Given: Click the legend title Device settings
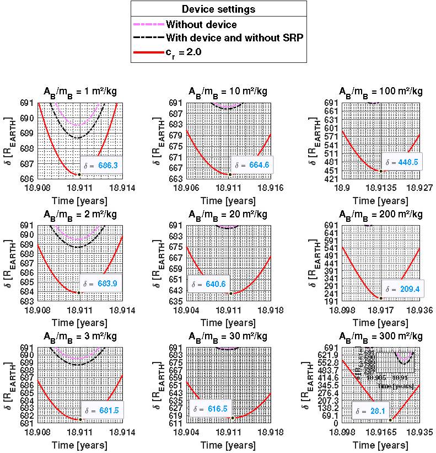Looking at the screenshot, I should (x=219, y=9).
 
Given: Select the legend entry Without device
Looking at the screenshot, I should (x=201, y=24).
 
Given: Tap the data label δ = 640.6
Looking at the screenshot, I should (x=208, y=285).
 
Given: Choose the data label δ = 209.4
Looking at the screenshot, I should (x=403, y=289).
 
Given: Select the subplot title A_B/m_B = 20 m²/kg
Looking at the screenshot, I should (x=228, y=214).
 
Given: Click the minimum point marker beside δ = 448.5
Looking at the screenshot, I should (x=380, y=170).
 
